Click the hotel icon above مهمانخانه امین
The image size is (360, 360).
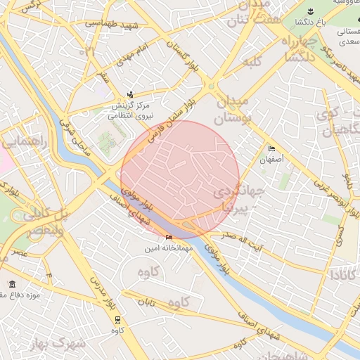click(x=169, y=238)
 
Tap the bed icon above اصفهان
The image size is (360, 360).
click(x=271, y=149)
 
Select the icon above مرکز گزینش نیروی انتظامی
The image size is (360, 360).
click(x=129, y=94)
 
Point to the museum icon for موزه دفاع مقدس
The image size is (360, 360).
click(x=13, y=283)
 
